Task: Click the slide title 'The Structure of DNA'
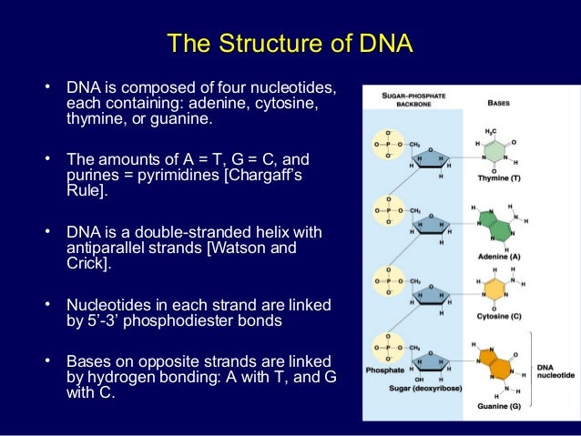290,44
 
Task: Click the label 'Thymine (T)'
499,178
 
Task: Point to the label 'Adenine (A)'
498,258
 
